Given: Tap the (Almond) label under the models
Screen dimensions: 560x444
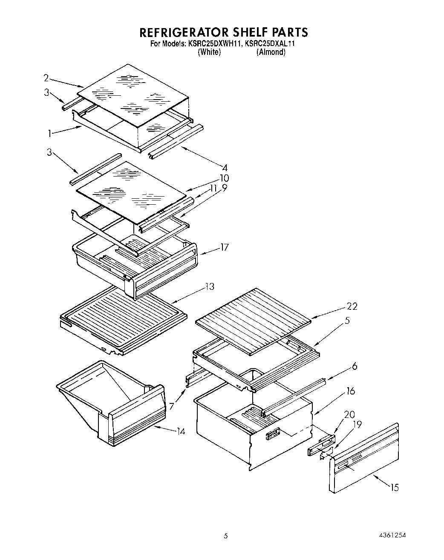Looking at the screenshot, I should [271, 52].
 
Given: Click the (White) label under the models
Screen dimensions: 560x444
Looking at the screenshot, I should [209, 52].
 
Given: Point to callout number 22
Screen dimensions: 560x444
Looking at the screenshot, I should [352, 306].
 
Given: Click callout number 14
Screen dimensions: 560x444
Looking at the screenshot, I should [181, 431].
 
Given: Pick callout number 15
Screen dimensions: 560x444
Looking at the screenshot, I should [395, 488].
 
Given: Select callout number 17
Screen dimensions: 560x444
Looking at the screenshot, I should [225, 247].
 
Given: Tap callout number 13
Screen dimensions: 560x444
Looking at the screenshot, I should [209, 286].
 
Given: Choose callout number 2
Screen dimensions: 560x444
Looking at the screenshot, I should [46, 77].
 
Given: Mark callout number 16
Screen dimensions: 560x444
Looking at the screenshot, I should [350, 391].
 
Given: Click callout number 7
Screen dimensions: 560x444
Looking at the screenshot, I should [171, 406].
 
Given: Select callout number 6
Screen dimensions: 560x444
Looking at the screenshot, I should [355, 366].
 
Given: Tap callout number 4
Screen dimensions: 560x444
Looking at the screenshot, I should [225, 168].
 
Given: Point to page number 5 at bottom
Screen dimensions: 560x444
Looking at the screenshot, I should [226, 536].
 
